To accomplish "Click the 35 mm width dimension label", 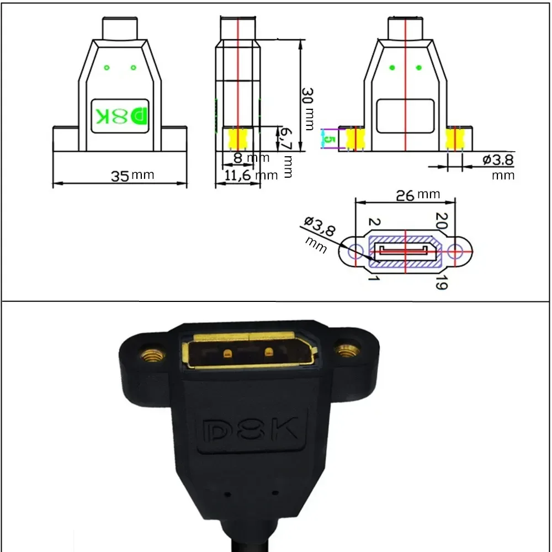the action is point(132,176).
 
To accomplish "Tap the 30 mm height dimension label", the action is point(307,109).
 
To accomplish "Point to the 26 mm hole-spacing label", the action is point(418,195).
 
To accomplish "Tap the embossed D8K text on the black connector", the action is point(251,430).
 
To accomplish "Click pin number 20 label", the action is point(442,220).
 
